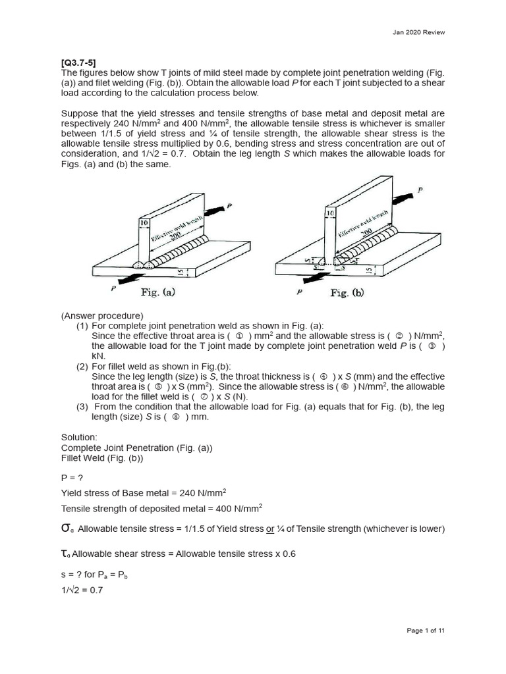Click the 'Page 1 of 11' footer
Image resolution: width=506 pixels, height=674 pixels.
[x=426, y=631]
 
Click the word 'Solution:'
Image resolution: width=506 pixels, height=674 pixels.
[x=79, y=437]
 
